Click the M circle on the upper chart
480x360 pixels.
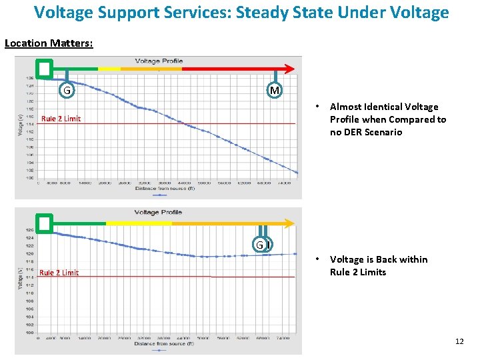pos(274,90)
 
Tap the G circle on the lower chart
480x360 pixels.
pos(260,245)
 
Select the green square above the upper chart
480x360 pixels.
pos(44,68)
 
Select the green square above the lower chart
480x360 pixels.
pos(44,223)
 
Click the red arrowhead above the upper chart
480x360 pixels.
pos(289,68)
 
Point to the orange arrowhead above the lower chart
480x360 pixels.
pos(290,223)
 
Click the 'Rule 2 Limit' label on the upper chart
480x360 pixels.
pos(61,119)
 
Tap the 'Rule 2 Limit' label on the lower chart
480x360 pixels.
pos(59,272)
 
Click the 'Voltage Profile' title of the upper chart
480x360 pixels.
pos(159,61)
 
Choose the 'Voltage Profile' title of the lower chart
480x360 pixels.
pos(158,212)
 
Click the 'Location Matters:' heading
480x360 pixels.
pos(49,43)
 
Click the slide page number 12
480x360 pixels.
pos(459,341)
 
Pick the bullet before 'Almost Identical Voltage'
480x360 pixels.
pos(319,107)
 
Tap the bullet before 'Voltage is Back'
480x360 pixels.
pos(319,259)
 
